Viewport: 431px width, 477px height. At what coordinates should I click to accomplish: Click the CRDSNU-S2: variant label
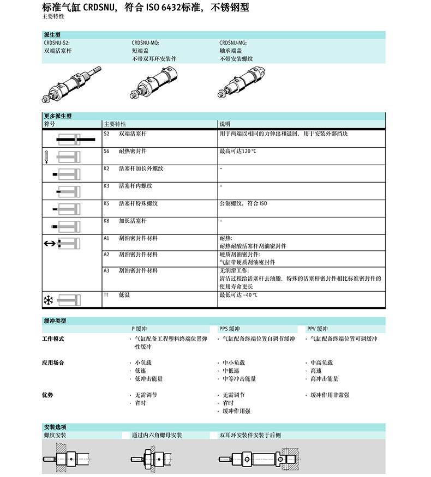(57, 42)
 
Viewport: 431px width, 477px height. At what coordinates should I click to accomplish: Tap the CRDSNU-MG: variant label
(233, 42)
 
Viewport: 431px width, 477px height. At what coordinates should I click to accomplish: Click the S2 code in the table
(106, 133)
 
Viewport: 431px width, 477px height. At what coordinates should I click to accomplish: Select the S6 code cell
(106, 150)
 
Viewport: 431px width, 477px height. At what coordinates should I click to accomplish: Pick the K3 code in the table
(106, 186)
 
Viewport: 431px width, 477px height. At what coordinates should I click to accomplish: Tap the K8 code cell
(106, 221)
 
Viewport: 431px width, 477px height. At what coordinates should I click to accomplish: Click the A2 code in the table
(106, 254)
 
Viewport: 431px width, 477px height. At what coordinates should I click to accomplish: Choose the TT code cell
(106, 294)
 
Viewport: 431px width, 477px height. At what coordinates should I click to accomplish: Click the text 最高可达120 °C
(238, 150)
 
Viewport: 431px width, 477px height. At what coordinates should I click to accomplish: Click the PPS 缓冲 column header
(230, 329)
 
